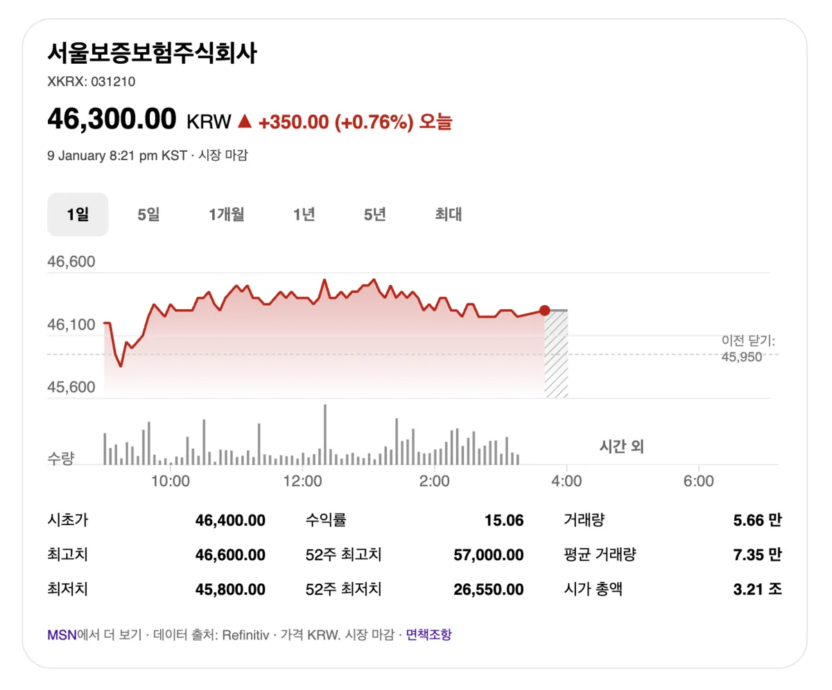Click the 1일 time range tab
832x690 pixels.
[78, 215]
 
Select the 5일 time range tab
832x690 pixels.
[148, 215]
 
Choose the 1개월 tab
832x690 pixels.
[227, 215]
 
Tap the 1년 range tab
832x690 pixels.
[304, 215]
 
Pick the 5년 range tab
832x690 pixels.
[375, 215]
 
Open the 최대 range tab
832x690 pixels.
[449, 215]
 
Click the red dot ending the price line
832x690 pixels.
[544, 311]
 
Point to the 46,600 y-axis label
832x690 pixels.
[71, 262]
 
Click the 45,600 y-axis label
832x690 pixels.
[71, 386]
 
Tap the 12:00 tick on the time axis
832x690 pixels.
[303, 481]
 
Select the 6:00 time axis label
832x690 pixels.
[698, 481]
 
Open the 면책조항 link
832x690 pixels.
[428, 635]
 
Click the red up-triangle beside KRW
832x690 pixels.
[244, 121]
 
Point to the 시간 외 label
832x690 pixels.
[621, 447]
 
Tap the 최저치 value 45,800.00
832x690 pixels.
[230, 589]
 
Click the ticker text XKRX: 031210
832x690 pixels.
[91, 82]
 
